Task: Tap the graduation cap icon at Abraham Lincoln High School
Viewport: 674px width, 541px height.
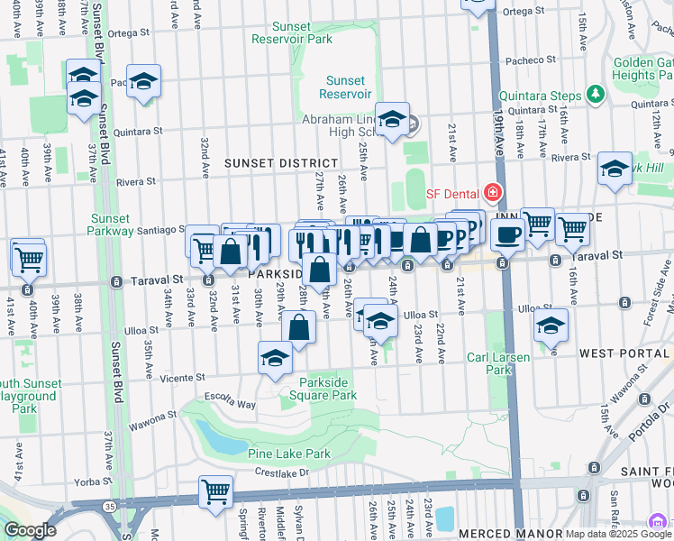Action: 392,120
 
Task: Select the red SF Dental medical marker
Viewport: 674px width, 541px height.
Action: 492,191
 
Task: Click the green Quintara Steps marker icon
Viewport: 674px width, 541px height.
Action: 594,94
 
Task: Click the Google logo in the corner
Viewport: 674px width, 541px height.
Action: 30,530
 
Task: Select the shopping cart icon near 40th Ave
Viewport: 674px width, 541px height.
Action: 29,259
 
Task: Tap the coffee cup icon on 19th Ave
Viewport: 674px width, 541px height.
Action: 507,235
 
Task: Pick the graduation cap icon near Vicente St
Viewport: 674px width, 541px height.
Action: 275,358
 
